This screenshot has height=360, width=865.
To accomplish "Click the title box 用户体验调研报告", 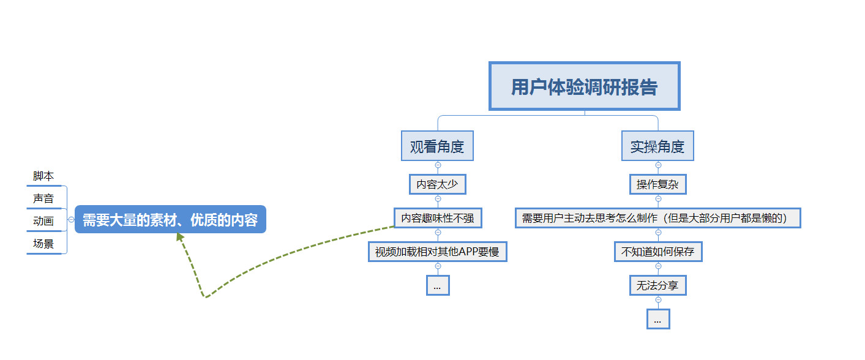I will pos(584,86).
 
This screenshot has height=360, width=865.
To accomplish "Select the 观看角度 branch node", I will pos(437,146).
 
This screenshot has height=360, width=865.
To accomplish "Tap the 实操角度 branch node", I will pos(657,146).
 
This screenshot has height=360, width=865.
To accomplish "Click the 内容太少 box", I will pos(437,184).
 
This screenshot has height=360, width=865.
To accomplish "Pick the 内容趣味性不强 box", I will pos(437,218).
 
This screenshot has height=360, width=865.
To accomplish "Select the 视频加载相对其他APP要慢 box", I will pos(437,252).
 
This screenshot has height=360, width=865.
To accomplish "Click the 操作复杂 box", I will pos(657,184).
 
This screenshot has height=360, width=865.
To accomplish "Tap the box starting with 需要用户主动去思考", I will pos(657,218).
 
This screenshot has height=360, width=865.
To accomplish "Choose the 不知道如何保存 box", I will pos(657,252).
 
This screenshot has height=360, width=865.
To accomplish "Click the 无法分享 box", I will pos(657,285).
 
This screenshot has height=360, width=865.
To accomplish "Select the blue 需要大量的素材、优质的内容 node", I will pos(170,219).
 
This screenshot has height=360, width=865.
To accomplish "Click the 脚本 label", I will pos(43,176).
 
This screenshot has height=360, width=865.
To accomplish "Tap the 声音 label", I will pos(43,199).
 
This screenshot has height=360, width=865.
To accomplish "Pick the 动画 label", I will pos(43,221).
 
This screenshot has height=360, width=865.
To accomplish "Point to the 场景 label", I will pos(43,244).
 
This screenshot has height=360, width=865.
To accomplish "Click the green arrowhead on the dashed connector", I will pos(180,237).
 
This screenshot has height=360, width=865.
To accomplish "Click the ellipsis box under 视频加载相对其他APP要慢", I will pos(437,285).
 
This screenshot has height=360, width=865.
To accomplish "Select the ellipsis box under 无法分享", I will pos(657,319).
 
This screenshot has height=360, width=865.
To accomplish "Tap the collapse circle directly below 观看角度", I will pos(438,165).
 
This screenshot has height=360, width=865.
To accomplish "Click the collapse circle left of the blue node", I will pos(71,219).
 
